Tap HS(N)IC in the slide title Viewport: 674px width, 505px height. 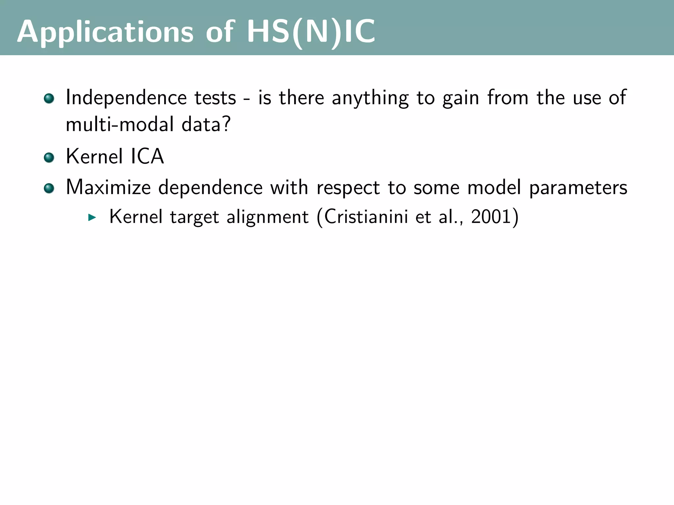pos(311,32)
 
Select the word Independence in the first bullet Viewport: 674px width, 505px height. pos(126,98)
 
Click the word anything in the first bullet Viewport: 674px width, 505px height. pos(370,98)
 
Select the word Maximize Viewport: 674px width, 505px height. pos(108,187)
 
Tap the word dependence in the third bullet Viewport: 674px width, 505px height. pos(210,187)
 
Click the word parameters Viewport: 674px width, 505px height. pos(578,188)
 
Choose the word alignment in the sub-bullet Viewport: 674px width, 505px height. pos(268,217)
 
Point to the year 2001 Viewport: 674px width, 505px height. pos(491,217)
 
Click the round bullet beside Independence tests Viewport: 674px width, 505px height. pos(49,98)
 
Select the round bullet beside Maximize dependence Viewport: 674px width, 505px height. pos(49,188)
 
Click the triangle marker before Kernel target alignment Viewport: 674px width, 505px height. pos(92,217)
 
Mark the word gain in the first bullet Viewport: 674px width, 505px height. pos(460,98)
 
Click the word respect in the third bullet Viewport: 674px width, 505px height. pos(348,188)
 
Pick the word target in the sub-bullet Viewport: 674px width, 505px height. pos(194,217)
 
